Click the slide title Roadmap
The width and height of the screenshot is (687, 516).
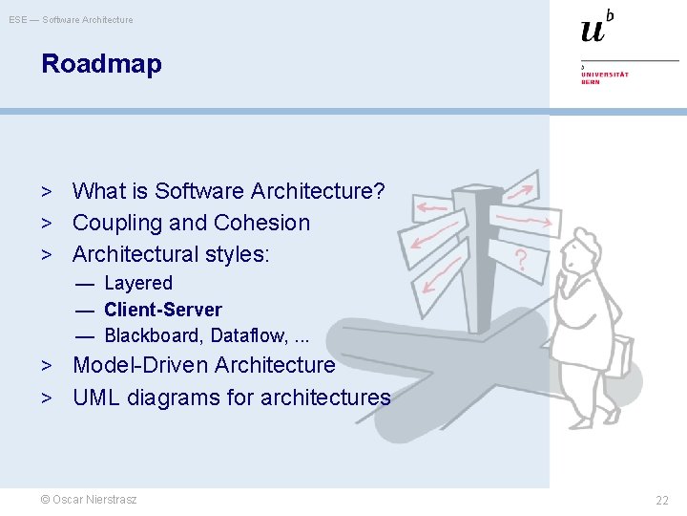tap(101, 65)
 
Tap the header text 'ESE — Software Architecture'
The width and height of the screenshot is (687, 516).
tap(72, 19)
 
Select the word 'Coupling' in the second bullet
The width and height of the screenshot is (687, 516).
tap(112, 224)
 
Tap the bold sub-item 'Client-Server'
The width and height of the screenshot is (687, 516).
tap(162, 310)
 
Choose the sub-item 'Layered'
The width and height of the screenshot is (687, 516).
tap(138, 284)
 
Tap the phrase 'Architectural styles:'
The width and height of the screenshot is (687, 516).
tap(172, 254)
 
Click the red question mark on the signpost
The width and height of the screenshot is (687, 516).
tap(521, 258)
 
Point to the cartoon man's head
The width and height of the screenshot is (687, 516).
tap(583, 252)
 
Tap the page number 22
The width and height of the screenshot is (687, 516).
tap(661, 501)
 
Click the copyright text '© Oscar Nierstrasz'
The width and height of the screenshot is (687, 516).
tap(88, 500)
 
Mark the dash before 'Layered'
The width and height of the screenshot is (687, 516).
tap(86, 284)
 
